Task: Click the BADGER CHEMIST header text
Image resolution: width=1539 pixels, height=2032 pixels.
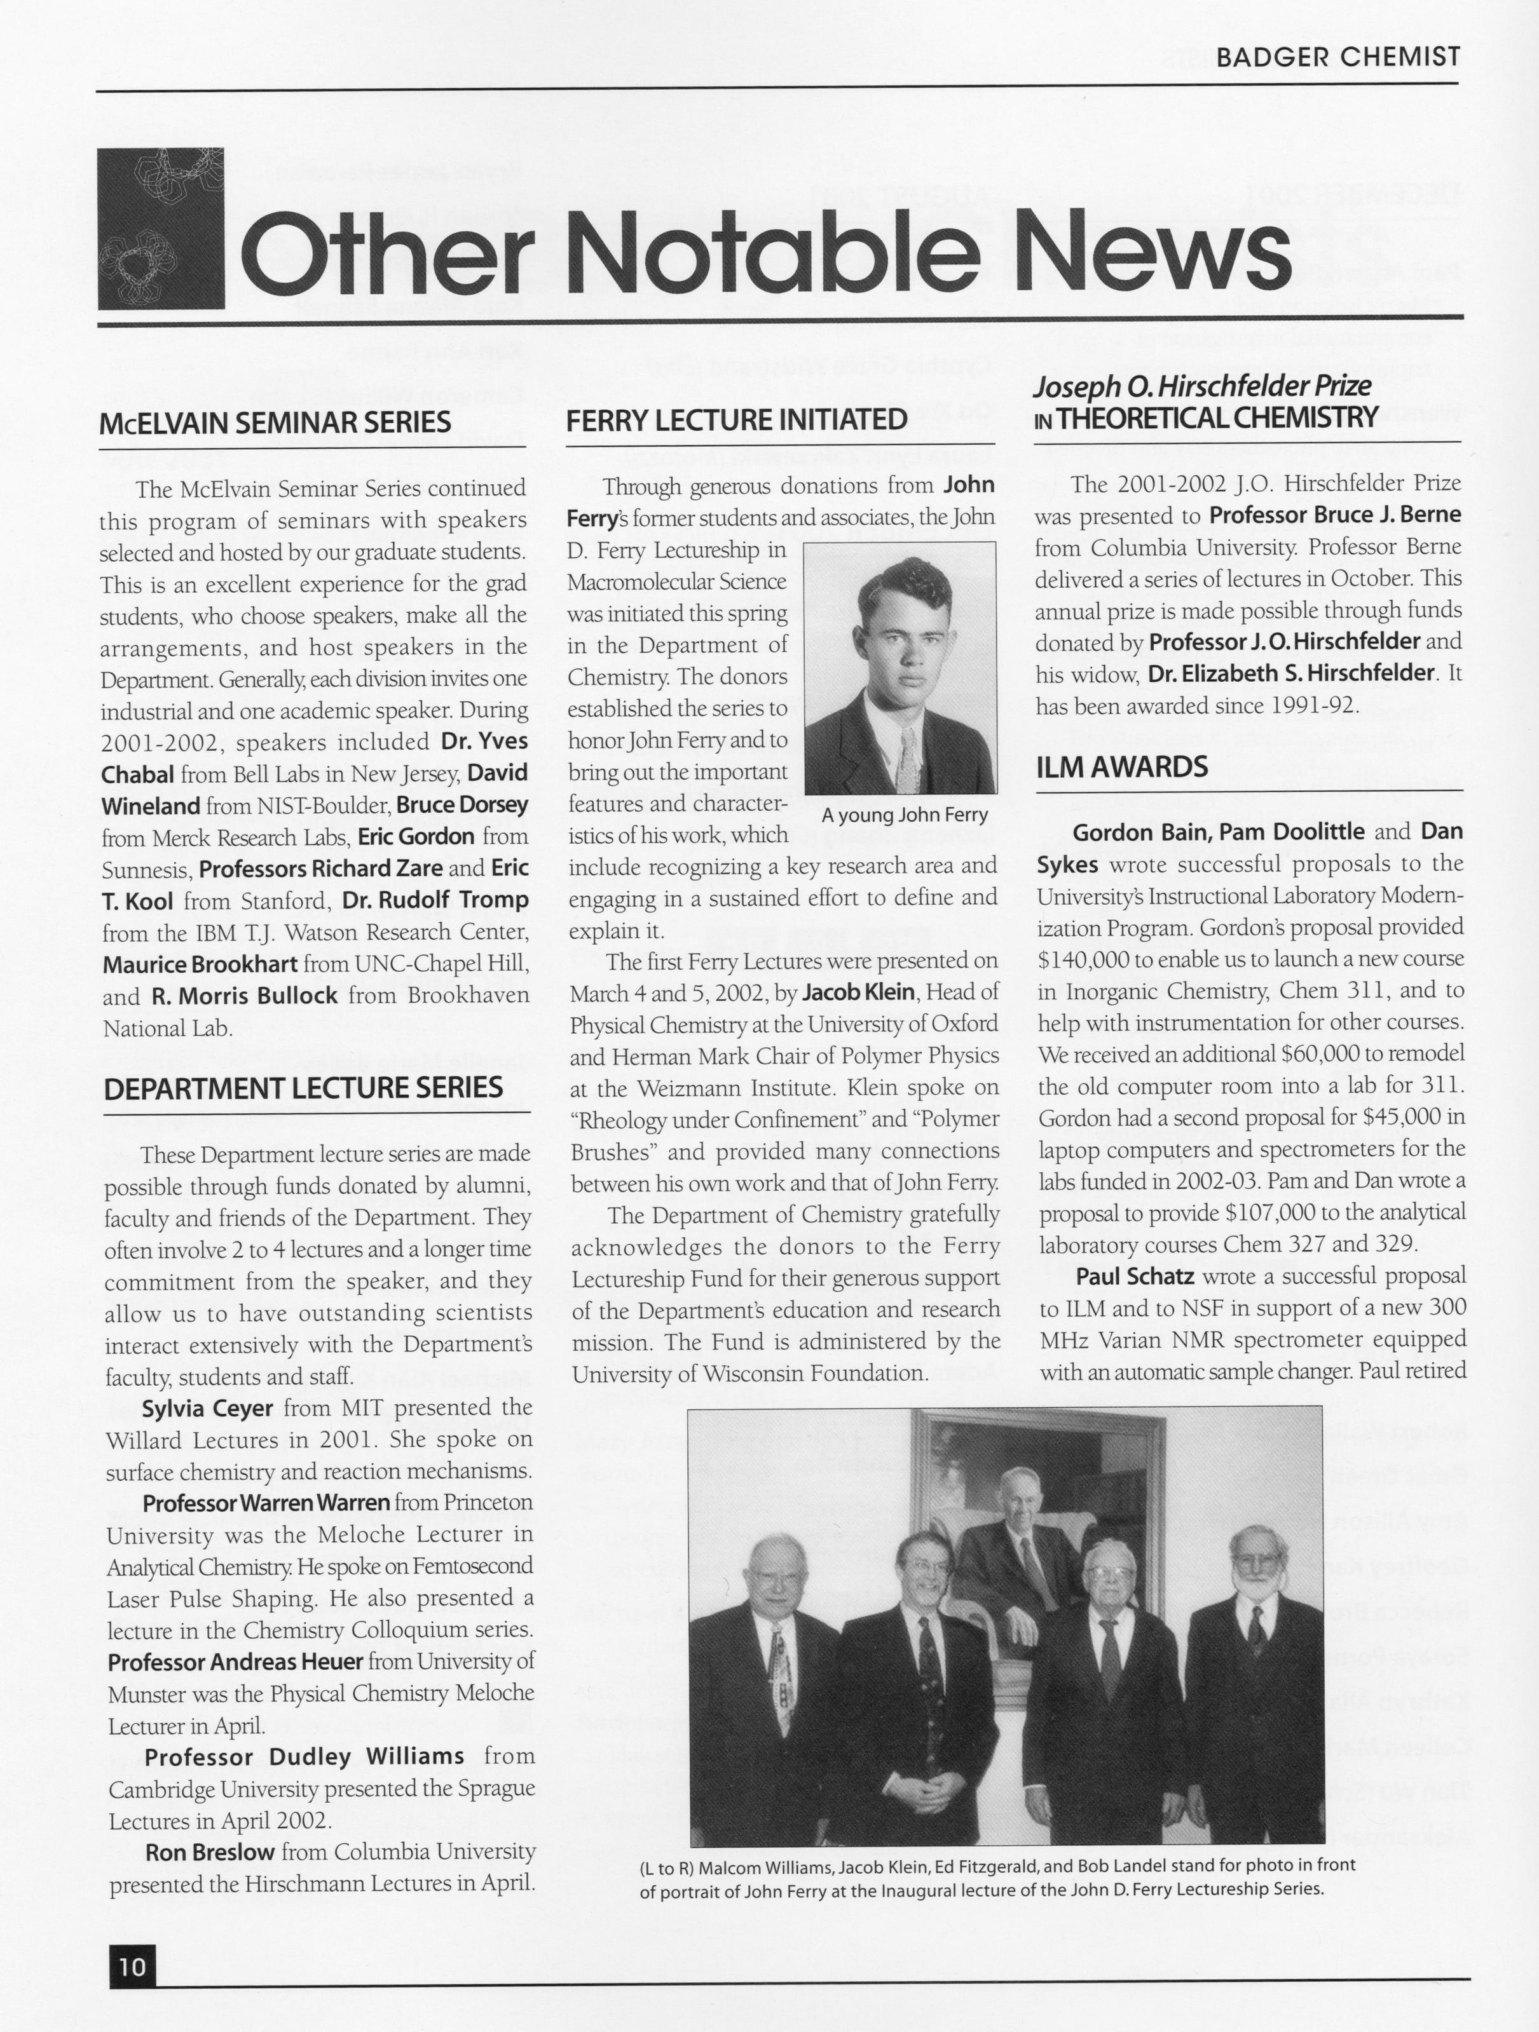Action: pos(1337,57)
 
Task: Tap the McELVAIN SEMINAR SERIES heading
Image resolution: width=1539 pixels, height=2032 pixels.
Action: pos(276,423)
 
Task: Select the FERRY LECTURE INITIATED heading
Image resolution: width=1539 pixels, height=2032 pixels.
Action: pos(737,420)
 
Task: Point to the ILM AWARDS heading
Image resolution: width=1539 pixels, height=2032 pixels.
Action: pos(1122,767)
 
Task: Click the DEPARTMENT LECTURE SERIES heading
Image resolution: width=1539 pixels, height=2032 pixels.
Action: pos(303,1088)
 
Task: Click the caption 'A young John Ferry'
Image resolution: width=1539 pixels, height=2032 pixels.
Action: pos(904,815)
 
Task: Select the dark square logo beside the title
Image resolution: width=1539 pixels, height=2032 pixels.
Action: pos(161,229)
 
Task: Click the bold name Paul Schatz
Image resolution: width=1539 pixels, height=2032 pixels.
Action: pos(1135,1276)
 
